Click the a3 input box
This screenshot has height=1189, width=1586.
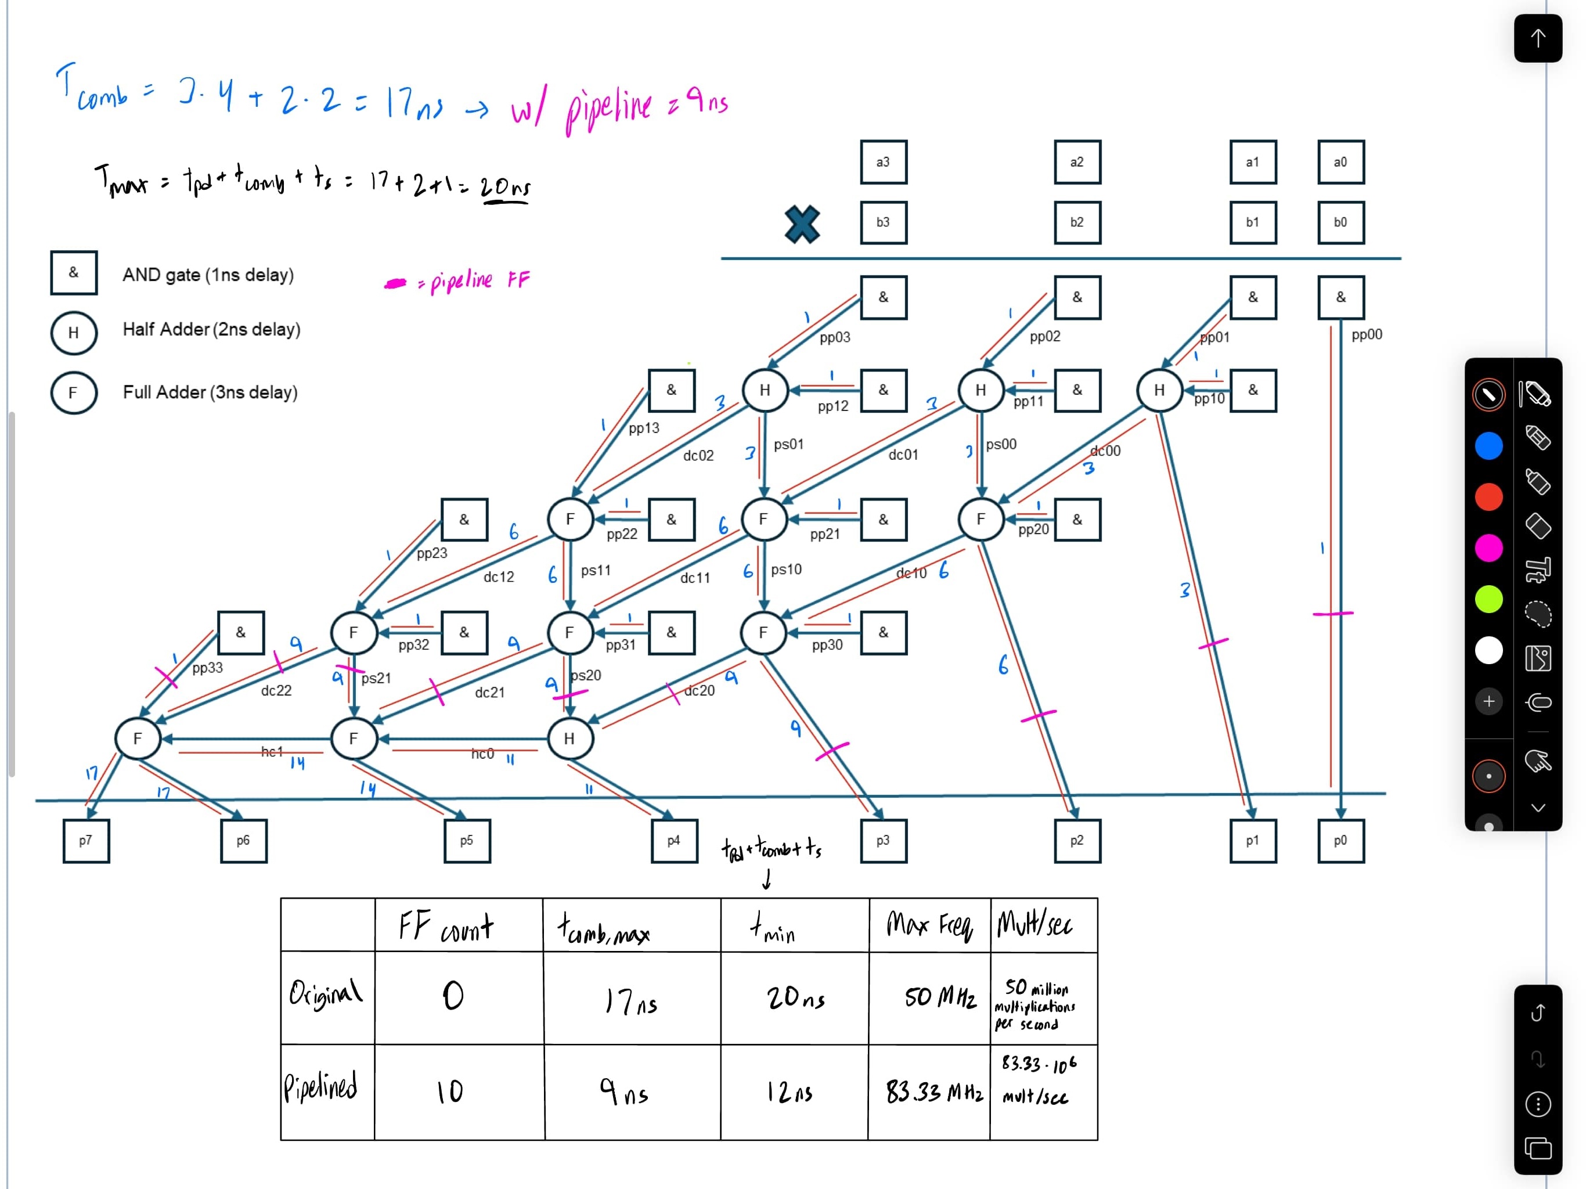click(884, 162)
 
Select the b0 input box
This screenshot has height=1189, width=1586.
click(1341, 222)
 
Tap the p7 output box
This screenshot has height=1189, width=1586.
click(86, 841)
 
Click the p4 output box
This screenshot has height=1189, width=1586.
click(674, 841)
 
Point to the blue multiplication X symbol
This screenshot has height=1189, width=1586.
click(802, 225)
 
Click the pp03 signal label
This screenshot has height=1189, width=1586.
click(835, 337)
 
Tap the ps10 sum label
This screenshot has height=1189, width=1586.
click(787, 570)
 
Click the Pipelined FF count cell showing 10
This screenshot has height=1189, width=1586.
click(450, 1091)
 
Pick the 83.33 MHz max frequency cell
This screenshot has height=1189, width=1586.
click(933, 1091)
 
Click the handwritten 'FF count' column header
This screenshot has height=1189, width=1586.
click(446, 927)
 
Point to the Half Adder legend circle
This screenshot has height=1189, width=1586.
click(74, 333)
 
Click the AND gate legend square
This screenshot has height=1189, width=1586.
click(74, 272)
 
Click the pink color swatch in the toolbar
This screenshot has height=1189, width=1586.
click(1488, 548)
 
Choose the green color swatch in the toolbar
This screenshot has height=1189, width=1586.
click(1488, 599)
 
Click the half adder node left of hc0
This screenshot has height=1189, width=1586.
click(570, 738)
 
